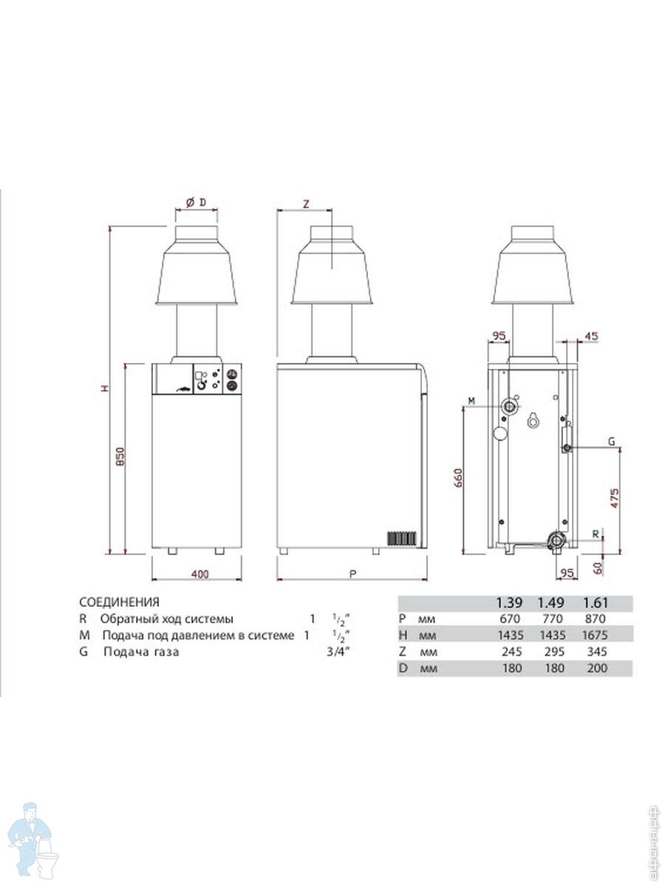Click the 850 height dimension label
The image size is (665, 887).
[x=120, y=457]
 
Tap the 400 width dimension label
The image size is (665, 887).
[x=199, y=574]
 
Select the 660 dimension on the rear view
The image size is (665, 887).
[x=458, y=478]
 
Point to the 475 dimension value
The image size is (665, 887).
[x=614, y=498]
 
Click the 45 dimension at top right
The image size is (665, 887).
[x=592, y=336]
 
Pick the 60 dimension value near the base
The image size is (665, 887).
[x=598, y=568]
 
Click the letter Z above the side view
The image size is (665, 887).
[x=306, y=205]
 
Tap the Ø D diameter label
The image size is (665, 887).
[x=197, y=203]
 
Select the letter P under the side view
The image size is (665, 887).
[x=353, y=574]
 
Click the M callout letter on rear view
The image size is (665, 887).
[x=471, y=401]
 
